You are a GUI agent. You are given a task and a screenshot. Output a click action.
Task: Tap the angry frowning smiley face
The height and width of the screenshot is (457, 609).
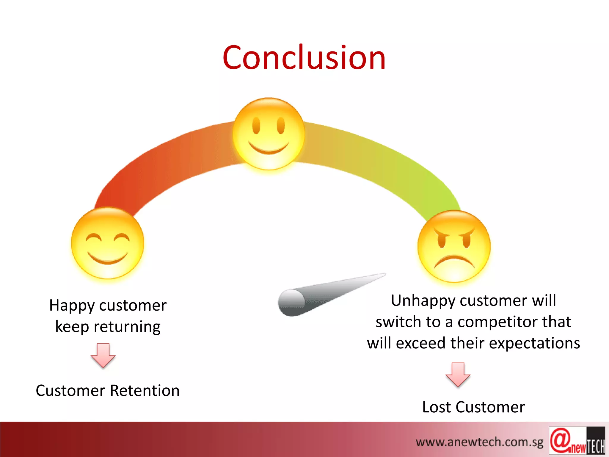pyautogui.click(x=454, y=246)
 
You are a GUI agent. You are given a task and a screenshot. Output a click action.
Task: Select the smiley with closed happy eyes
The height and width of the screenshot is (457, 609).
pyautogui.click(x=108, y=243)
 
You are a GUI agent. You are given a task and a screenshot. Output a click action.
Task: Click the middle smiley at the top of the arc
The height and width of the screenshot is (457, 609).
pyautogui.click(x=269, y=134)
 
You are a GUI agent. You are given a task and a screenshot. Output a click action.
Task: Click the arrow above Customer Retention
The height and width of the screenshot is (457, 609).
pyautogui.click(x=103, y=355)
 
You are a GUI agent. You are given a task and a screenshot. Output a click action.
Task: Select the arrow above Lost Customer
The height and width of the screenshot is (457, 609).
pyautogui.click(x=458, y=374)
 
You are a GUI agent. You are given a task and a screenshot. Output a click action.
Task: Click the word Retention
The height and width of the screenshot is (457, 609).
pyautogui.click(x=145, y=391)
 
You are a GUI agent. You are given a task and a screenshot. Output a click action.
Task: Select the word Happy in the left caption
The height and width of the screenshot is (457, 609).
pyautogui.click(x=72, y=306)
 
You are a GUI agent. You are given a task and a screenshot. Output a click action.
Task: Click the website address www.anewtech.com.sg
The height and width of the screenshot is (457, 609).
pyautogui.click(x=479, y=442)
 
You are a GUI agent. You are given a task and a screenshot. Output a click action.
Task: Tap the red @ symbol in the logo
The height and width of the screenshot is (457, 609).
pyautogui.click(x=560, y=440)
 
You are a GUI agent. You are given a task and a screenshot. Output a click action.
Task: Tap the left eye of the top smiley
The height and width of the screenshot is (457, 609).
pyautogui.click(x=256, y=126)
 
